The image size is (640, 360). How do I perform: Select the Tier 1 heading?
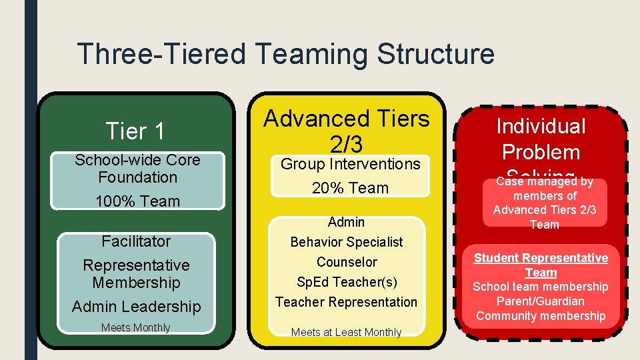click(x=135, y=131)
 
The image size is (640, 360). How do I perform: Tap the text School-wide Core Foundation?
click(x=137, y=169)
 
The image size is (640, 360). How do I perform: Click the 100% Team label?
click(x=137, y=201)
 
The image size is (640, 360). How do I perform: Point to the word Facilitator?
click(x=136, y=241)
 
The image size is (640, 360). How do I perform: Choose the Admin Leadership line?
click(x=136, y=307)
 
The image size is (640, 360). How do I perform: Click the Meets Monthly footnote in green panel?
click(x=136, y=327)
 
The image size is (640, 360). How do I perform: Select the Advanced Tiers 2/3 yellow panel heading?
click(x=347, y=131)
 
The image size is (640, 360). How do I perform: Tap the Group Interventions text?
click(x=350, y=163)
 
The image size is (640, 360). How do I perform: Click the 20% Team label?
click(x=350, y=188)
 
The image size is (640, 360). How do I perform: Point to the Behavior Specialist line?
click(x=346, y=241)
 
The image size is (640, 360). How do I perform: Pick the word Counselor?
click(x=347, y=262)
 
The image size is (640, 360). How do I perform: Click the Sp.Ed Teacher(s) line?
click(x=347, y=282)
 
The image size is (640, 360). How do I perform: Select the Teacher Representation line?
click(x=347, y=302)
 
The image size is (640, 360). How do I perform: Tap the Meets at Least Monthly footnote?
click(x=347, y=332)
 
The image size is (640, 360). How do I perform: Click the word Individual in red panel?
click(x=541, y=126)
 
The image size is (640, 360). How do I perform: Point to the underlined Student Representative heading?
click(x=541, y=258)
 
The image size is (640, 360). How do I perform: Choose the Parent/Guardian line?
click(x=541, y=301)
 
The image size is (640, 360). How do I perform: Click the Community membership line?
click(x=541, y=316)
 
